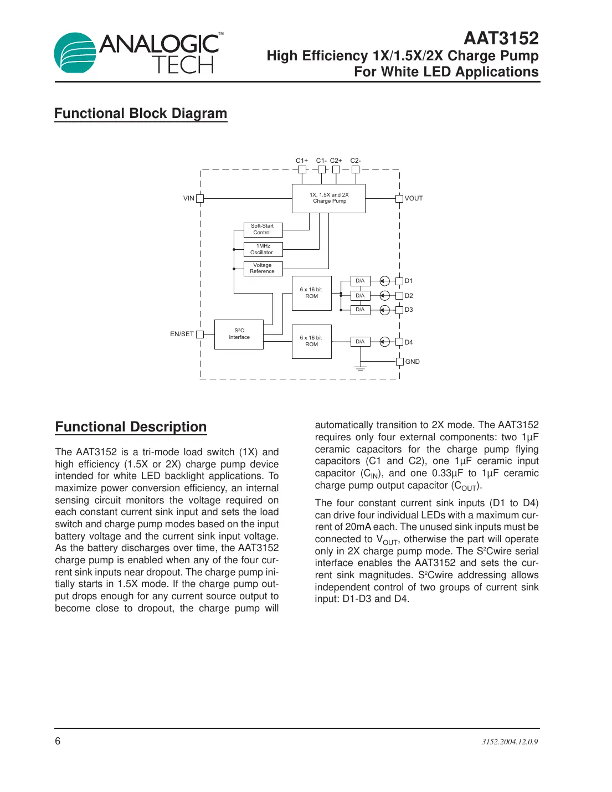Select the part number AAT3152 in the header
point(501,38)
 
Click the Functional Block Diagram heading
point(141,114)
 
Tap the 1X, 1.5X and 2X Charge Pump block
point(328,198)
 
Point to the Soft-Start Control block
point(263,229)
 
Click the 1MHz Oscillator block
point(263,249)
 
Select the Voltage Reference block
point(263,269)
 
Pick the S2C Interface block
point(239,334)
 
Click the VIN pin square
point(200,198)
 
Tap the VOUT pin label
point(414,198)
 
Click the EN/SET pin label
point(182,334)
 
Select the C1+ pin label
point(301,161)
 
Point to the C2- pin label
point(356,161)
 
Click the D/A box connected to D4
point(360,342)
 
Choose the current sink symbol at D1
point(384,281)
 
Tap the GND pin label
point(413,362)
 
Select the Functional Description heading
point(131,427)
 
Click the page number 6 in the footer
point(58,741)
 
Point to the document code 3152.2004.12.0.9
point(510,742)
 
